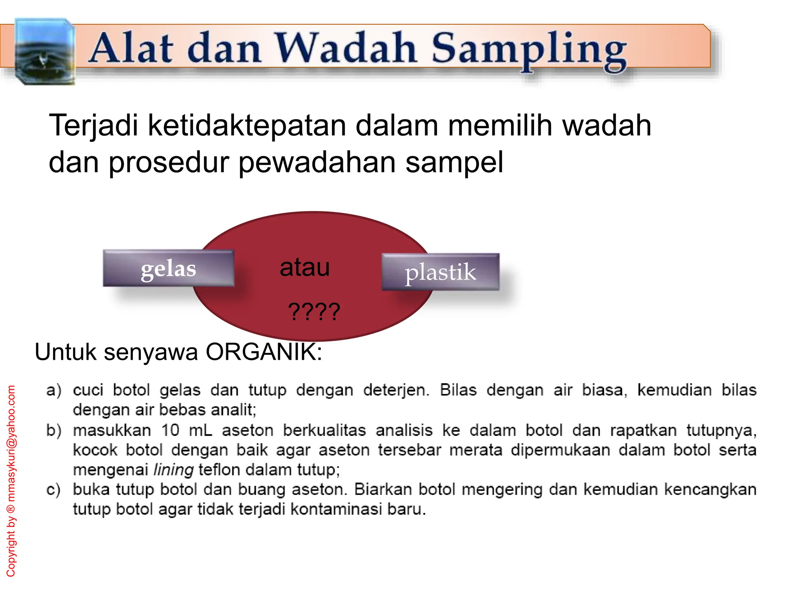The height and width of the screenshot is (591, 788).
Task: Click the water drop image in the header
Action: pyautogui.click(x=44, y=51)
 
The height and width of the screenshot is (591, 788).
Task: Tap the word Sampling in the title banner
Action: pyautogui.click(x=529, y=50)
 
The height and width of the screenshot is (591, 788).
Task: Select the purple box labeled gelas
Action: pyautogui.click(x=169, y=269)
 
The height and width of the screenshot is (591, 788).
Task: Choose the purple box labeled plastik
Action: pyautogui.click(x=440, y=272)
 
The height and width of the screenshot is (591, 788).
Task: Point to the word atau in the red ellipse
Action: pyautogui.click(x=305, y=267)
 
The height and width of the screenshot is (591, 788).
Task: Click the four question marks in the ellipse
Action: pyautogui.click(x=314, y=312)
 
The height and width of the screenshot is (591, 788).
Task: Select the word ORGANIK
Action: pyautogui.click(x=264, y=351)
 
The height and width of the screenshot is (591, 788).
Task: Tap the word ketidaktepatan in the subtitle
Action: pyautogui.click(x=247, y=125)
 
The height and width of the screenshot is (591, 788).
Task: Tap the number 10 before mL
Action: pyautogui.click(x=170, y=430)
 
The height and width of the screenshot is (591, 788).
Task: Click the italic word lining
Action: pyautogui.click(x=173, y=470)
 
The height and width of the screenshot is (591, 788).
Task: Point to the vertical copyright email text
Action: pyautogui.click(x=11, y=481)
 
